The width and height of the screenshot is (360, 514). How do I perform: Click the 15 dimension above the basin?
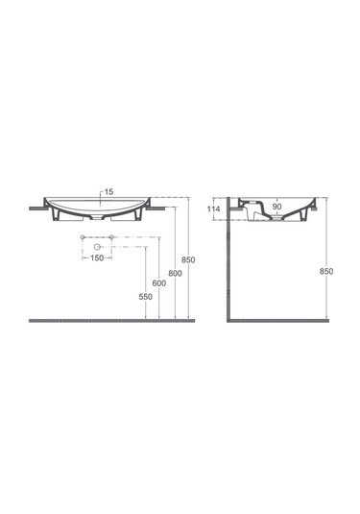click(x=108, y=192)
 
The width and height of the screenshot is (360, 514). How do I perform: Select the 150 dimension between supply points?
click(x=98, y=258)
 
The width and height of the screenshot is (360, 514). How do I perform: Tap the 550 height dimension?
click(x=145, y=298)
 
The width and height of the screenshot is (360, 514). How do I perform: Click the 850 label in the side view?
click(x=326, y=273)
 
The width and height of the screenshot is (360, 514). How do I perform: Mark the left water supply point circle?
click(x=84, y=236)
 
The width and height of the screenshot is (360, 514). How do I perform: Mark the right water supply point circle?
click(x=112, y=236)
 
